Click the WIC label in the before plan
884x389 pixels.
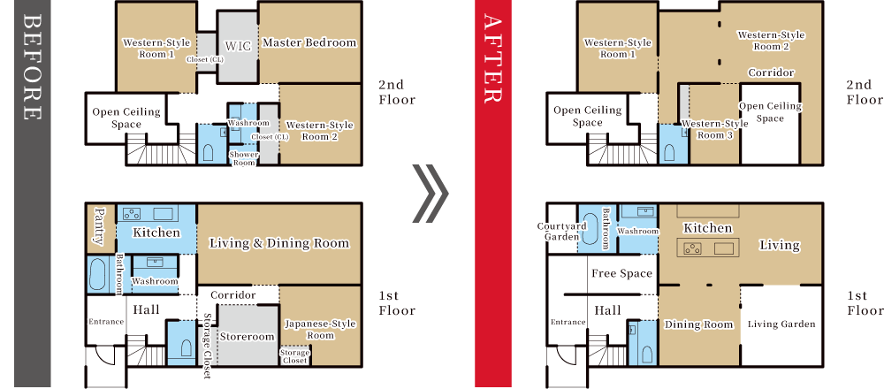[239, 45]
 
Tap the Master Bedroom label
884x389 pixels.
[309, 42]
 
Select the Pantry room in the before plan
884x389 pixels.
[99, 225]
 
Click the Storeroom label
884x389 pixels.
[248, 337]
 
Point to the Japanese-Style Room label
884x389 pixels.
[320, 330]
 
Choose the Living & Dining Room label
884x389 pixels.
[279, 243]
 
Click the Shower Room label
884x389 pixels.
[244, 158]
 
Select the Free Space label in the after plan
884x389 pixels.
[621, 274]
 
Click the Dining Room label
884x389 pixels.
[699, 324]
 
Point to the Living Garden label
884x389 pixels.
[781, 324]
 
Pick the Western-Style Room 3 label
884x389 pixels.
[715, 129]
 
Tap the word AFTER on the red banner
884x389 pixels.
[492, 58]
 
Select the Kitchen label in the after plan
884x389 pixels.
[708, 228]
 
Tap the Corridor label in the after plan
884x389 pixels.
[771, 72]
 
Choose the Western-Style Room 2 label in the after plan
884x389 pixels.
[771, 41]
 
